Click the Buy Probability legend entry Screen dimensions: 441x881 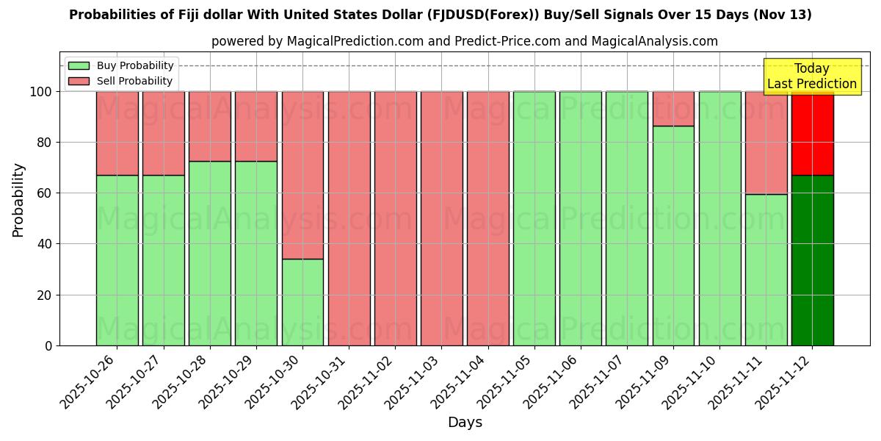[121, 65]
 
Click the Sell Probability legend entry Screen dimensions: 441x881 [121, 81]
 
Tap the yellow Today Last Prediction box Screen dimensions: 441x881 [811, 76]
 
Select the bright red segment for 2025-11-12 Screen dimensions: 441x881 [812, 133]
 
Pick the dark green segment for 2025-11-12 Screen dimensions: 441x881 [812, 260]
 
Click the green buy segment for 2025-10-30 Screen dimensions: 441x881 [302, 302]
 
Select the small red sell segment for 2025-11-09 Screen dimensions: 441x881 [673, 109]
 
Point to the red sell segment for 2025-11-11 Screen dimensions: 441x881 [766, 143]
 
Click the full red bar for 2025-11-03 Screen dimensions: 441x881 [441, 218]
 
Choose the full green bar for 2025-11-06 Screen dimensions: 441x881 [580, 218]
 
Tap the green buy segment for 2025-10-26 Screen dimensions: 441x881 [117, 260]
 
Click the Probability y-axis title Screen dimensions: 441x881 [18, 199]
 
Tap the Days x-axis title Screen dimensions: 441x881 [465, 423]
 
